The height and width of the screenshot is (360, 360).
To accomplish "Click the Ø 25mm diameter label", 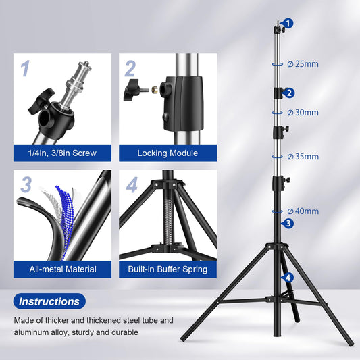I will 302,64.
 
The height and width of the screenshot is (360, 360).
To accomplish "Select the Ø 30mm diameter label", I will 302,112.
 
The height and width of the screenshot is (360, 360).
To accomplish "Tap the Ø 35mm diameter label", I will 302,156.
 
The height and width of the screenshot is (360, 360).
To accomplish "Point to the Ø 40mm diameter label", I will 302,211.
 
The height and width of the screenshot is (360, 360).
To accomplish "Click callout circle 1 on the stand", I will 289,24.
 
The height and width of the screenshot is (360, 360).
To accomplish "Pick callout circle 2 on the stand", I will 289,93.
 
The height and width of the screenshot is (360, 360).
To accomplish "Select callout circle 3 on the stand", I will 288,223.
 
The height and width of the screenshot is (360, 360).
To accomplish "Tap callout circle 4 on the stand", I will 288,277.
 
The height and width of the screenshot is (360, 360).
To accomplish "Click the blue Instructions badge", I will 49,301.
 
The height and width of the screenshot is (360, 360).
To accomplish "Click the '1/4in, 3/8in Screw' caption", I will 62,153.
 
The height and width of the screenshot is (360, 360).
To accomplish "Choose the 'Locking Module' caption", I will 168,153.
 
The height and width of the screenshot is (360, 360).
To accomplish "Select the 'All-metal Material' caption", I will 62,269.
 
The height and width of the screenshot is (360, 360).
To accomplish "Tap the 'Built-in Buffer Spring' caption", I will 168,269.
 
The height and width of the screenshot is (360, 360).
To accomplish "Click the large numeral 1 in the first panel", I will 25,68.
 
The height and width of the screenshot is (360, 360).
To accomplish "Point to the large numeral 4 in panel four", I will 131,184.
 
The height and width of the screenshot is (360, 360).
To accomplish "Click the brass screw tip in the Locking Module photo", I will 154,88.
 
